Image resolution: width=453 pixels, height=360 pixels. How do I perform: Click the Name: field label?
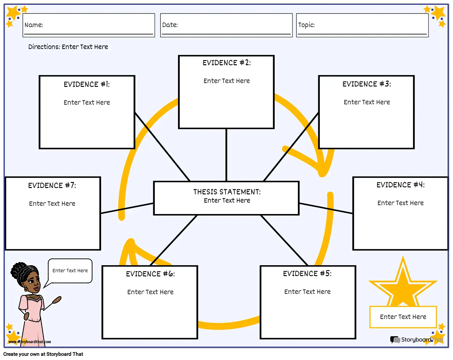tap(34, 25)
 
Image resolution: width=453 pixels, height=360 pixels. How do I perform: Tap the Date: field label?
tap(170, 25)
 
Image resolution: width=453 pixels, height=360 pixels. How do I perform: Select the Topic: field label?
tap(306, 25)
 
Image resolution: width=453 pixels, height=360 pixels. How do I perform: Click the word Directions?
tap(44, 46)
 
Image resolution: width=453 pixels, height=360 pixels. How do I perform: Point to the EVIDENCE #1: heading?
tap(86, 84)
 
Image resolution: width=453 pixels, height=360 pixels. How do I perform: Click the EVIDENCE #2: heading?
tap(226, 63)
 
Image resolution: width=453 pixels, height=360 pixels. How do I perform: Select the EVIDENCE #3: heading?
tap(367, 84)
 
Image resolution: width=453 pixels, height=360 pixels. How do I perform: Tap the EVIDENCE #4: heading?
tap(400, 185)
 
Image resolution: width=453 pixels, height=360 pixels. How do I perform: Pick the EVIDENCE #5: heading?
tap(307, 273)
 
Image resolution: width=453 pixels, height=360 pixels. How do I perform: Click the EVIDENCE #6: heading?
tap(150, 274)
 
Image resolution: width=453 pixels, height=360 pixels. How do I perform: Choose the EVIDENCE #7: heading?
tap(52, 185)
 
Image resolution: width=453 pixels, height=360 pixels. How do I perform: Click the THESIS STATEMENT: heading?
tap(227, 192)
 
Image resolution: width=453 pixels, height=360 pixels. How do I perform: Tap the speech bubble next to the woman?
tap(70, 271)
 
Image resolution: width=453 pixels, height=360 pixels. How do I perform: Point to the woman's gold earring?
tap(26, 288)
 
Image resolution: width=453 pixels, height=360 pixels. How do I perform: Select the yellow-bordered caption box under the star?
tap(403, 317)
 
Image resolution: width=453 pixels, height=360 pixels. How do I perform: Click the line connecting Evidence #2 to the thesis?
tap(226, 155)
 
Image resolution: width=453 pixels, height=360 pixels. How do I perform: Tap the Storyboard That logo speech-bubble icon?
tap(395, 340)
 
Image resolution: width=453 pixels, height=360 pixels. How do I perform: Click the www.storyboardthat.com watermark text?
tap(30, 342)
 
